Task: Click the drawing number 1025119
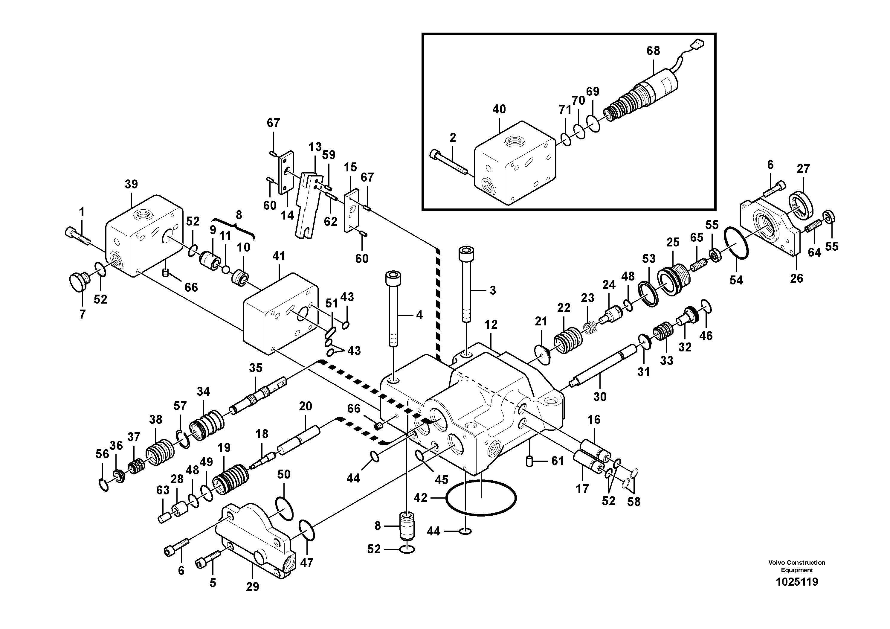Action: (797, 582)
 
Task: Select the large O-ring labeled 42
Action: (481, 498)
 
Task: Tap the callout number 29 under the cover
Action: (252, 587)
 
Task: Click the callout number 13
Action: (315, 147)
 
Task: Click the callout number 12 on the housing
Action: (491, 325)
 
